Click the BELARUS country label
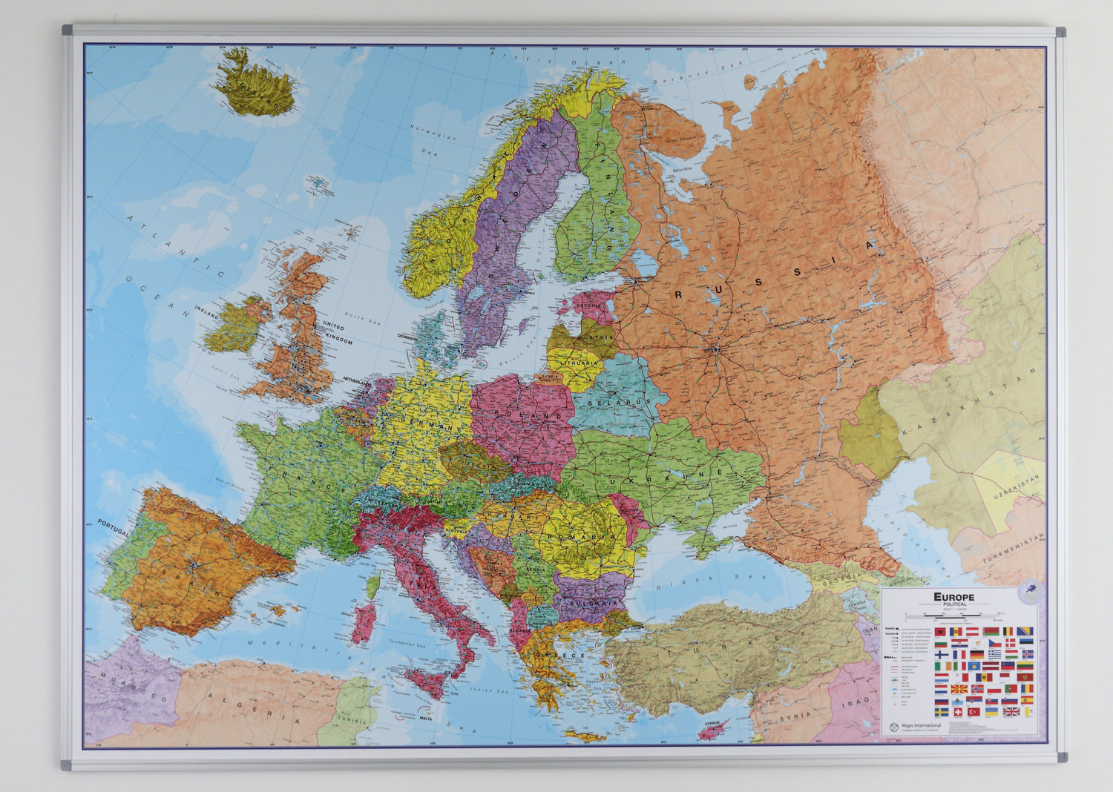(608, 403)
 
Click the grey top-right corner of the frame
(1060, 32)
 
